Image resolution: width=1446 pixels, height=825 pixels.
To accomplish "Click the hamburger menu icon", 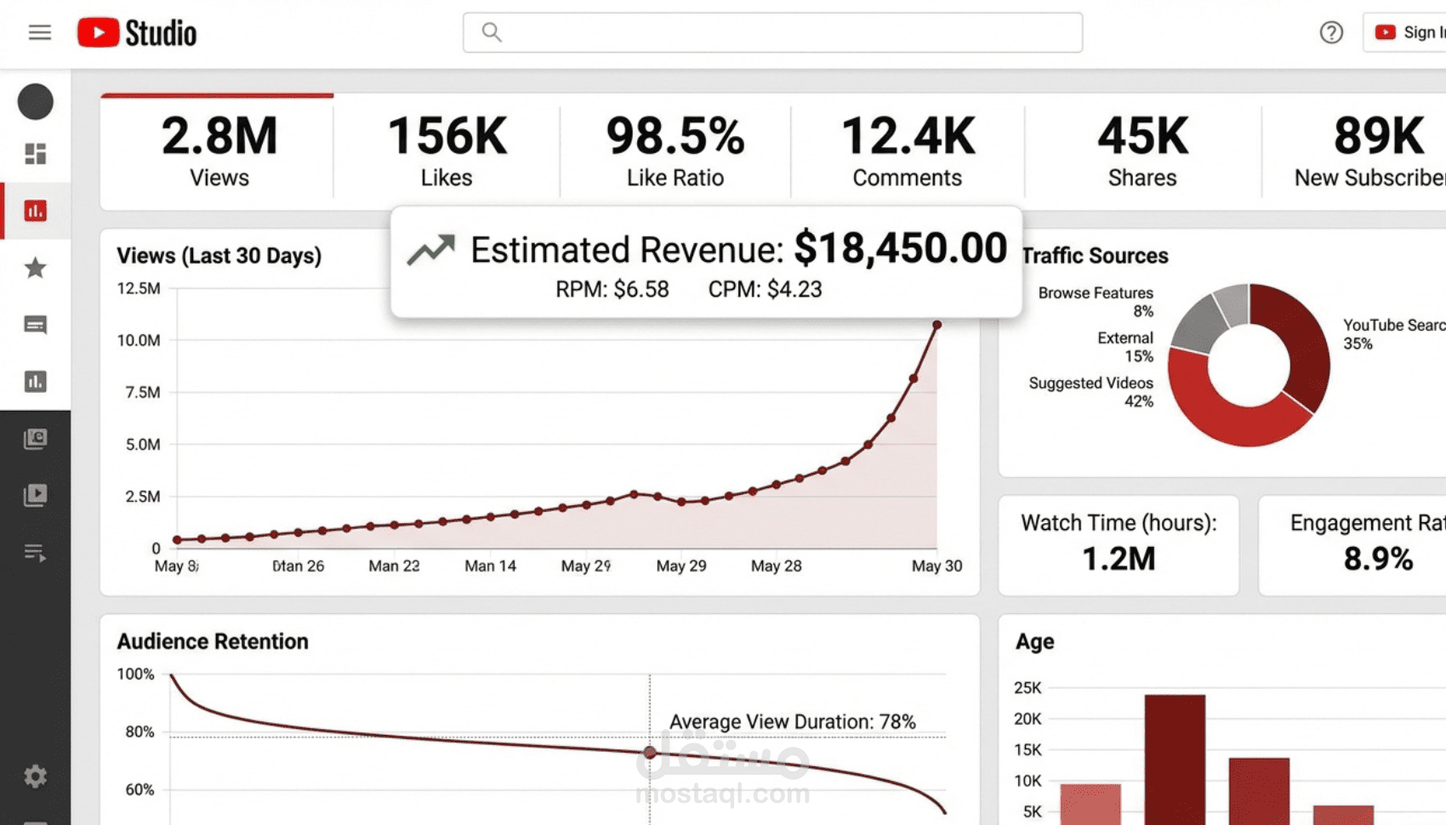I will click(39, 32).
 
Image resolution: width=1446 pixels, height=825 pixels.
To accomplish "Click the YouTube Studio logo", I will click(137, 33).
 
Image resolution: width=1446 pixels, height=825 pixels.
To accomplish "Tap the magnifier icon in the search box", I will click(492, 32).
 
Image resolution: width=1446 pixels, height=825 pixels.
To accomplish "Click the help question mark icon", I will click(1331, 32).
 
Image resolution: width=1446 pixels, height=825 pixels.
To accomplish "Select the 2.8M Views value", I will click(219, 136).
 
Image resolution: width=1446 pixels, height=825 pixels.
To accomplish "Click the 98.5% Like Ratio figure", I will click(675, 136).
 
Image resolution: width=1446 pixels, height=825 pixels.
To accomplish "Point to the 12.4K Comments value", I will click(908, 136).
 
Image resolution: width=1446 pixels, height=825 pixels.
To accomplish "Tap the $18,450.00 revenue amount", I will click(900, 248).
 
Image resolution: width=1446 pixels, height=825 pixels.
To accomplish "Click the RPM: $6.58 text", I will click(612, 289).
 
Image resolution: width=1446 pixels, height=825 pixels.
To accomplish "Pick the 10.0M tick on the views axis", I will click(139, 340).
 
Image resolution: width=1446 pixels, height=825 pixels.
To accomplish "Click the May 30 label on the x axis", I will click(936, 566).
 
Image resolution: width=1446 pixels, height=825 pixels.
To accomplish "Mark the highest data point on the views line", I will click(936, 325).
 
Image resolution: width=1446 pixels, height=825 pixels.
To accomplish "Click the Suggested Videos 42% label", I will click(1091, 392).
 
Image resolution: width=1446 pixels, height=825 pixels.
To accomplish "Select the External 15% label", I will click(1125, 347).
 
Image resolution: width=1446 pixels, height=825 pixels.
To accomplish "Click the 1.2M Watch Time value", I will click(1119, 559).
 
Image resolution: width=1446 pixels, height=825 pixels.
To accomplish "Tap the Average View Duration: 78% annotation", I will click(792, 722).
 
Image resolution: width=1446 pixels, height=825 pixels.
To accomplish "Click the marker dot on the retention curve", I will click(650, 753).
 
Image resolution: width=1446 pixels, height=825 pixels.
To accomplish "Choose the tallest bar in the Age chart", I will click(1175, 757).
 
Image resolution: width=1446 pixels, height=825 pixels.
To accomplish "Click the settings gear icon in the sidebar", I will click(35, 776).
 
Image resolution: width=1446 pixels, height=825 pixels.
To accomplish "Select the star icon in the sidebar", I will click(35, 268).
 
